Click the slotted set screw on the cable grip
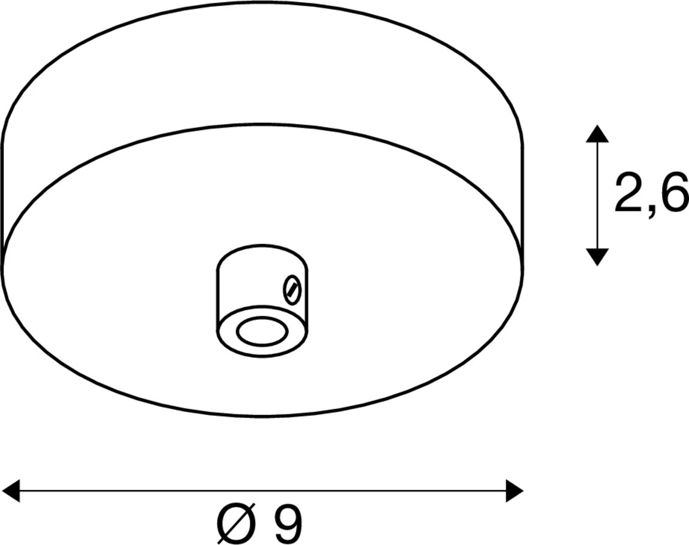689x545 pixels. click(x=292, y=289)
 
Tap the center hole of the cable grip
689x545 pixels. click(x=262, y=331)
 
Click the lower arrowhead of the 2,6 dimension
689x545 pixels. click(x=597, y=256)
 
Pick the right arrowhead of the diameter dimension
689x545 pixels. click(x=515, y=490)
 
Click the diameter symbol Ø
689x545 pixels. click(x=236, y=523)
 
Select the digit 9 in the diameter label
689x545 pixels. click(x=288, y=523)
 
